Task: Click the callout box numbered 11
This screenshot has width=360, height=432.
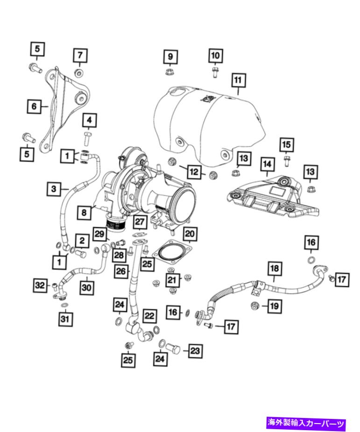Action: tap(238, 80)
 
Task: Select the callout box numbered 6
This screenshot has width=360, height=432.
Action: tap(34, 106)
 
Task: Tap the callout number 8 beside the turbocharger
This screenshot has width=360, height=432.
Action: tap(85, 212)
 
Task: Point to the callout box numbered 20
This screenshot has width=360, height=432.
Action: tap(190, 233)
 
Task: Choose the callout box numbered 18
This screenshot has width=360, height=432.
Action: tap(275, 269)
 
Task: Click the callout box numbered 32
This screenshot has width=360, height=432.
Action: tap(41, 284)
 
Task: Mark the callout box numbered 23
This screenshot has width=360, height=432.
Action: tap(195, 350)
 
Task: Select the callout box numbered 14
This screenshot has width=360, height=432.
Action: tap(266, 164)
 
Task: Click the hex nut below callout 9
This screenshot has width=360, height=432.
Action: tap(170, 72)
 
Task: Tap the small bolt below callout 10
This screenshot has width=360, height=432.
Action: tap(215, 72)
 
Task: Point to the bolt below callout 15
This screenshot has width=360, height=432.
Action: tap(286, 162)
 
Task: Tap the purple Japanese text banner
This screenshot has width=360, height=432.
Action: tap(306, 423)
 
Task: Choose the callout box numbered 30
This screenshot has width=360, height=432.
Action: tap(86, 287)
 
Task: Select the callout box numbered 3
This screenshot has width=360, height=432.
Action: tap(54, 189)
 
